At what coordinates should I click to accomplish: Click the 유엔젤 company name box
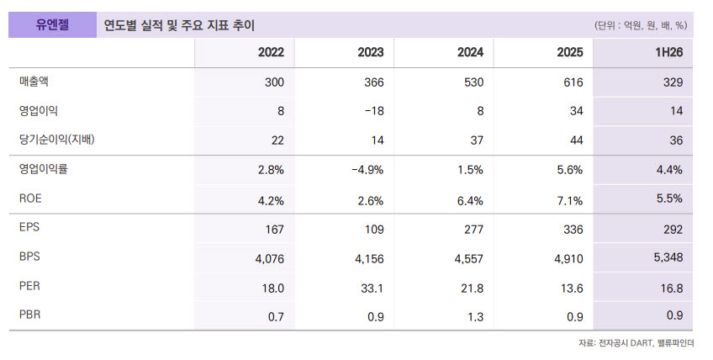coord(52,24)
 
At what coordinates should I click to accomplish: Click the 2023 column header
coord(370,52)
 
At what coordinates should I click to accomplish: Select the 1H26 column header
coord(669,52)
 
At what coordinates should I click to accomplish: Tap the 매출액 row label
coord(34,82)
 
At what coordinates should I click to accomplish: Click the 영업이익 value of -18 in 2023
coord(374,111)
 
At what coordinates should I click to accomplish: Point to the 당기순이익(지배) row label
coord(57,140)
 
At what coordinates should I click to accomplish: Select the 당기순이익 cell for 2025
coord(576,140)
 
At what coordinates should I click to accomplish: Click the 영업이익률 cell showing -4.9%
coord(367,170)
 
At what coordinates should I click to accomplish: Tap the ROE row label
coord(30,199)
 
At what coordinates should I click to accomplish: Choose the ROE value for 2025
coord(570,200)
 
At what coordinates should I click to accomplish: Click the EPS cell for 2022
coord(274,229)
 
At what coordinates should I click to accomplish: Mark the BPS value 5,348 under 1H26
coord(668,257)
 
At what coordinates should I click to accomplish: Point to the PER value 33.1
coord(372,289)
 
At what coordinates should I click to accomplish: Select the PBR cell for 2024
coord(475,316)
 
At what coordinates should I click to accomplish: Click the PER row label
coord(29,286)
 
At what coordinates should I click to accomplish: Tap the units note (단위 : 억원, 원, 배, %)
coord(640,25)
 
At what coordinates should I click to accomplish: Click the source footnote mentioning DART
coord(636,343)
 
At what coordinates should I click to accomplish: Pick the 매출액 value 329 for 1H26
coord(673,82)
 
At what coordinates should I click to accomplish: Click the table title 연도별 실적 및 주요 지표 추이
coord(179,25)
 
